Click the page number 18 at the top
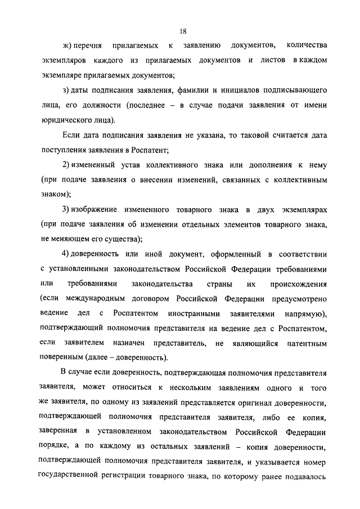click(183, 31)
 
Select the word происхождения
click(299, 283)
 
